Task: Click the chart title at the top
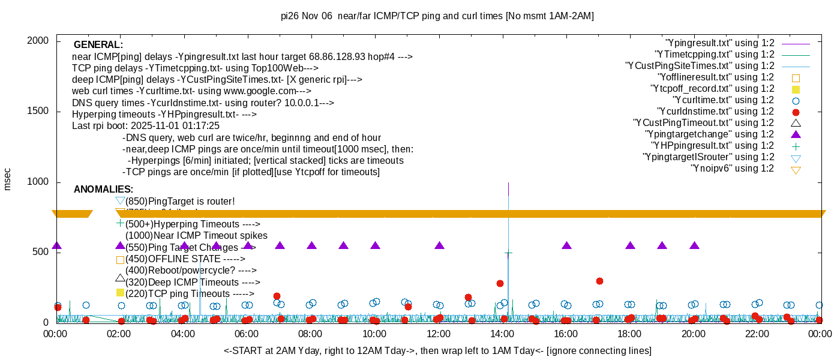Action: (x=437, y=16)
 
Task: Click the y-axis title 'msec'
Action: (x=8, y=179)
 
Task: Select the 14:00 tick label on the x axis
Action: (x=502, y=334)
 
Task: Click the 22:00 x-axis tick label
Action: (x=757, y=334)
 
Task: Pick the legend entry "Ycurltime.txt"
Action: (x=724, y=100)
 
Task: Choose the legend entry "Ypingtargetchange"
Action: (x=709, y=134)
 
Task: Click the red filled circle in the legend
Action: (x=796, y=112)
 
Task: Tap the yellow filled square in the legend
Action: (x=796, y=89)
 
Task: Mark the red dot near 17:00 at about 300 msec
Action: (x=599, y=281)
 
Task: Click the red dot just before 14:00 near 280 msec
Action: (x=500, y=283)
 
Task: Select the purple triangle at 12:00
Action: (x=439, y=245)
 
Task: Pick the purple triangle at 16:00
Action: (x=567, y=245)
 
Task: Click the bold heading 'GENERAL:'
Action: (x=98, y=45)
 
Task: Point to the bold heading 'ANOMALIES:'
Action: (x=103, y=190)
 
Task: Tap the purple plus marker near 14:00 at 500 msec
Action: (x=508, y=254)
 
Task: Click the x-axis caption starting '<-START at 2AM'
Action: (x=437, y=350)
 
